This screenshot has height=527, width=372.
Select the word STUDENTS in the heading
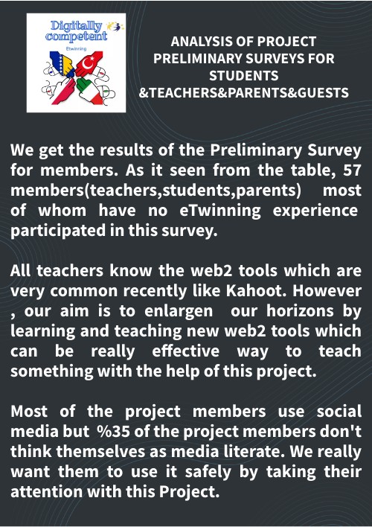(244, 76)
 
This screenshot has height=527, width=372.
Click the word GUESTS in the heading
(321, 93)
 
